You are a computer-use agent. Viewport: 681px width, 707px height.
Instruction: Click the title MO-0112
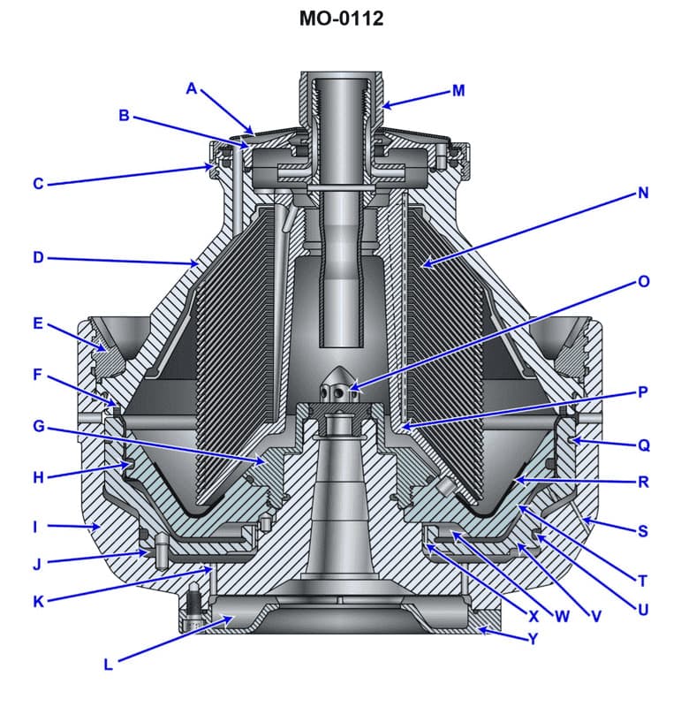[x=340, y=19]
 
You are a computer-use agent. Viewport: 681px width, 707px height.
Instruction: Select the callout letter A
[x=192, y=87]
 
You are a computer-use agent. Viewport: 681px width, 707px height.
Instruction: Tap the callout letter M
[x=458, y=89]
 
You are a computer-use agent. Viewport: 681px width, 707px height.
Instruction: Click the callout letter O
[x=643, y=282]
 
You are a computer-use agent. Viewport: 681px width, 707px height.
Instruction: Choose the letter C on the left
[x=38, y=184]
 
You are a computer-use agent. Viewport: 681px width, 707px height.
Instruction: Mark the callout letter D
[x=38, y=258]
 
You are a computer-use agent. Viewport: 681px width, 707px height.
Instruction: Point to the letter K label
[x=38, y=601]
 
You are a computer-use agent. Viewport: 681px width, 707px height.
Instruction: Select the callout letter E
[x=38, y=323]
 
